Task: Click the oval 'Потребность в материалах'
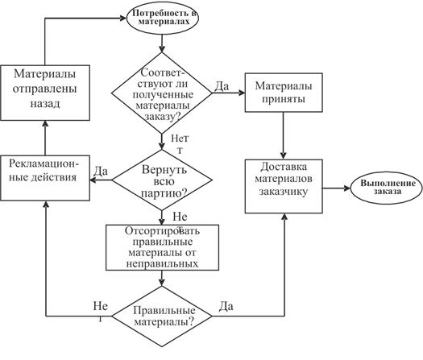coord(162,18)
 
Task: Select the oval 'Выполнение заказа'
coord(387,188)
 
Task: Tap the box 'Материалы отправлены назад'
coord(45,93)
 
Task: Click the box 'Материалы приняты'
coord(284,93)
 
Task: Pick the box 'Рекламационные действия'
coord(45,178)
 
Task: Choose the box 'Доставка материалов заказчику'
coord(284,186)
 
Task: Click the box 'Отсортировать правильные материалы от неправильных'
coord(162,247)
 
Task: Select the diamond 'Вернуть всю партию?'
coord(162,180)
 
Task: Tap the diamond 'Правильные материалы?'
coord(162,316)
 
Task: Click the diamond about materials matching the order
coord(162,93)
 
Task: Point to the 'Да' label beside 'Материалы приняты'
coord(222,86)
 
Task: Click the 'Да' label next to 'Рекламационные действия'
coord(101,171)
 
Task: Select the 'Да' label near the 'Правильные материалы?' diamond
coord(226,306)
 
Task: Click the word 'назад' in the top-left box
coord(45,104)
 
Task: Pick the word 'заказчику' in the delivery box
coord(284,192)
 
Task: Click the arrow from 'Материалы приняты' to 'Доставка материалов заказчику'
coord(284,135)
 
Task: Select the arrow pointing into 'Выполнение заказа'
coord(337,188)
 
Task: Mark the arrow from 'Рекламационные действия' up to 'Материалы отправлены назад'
coord(45,138)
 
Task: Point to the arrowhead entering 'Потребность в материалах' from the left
coord(123,19)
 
